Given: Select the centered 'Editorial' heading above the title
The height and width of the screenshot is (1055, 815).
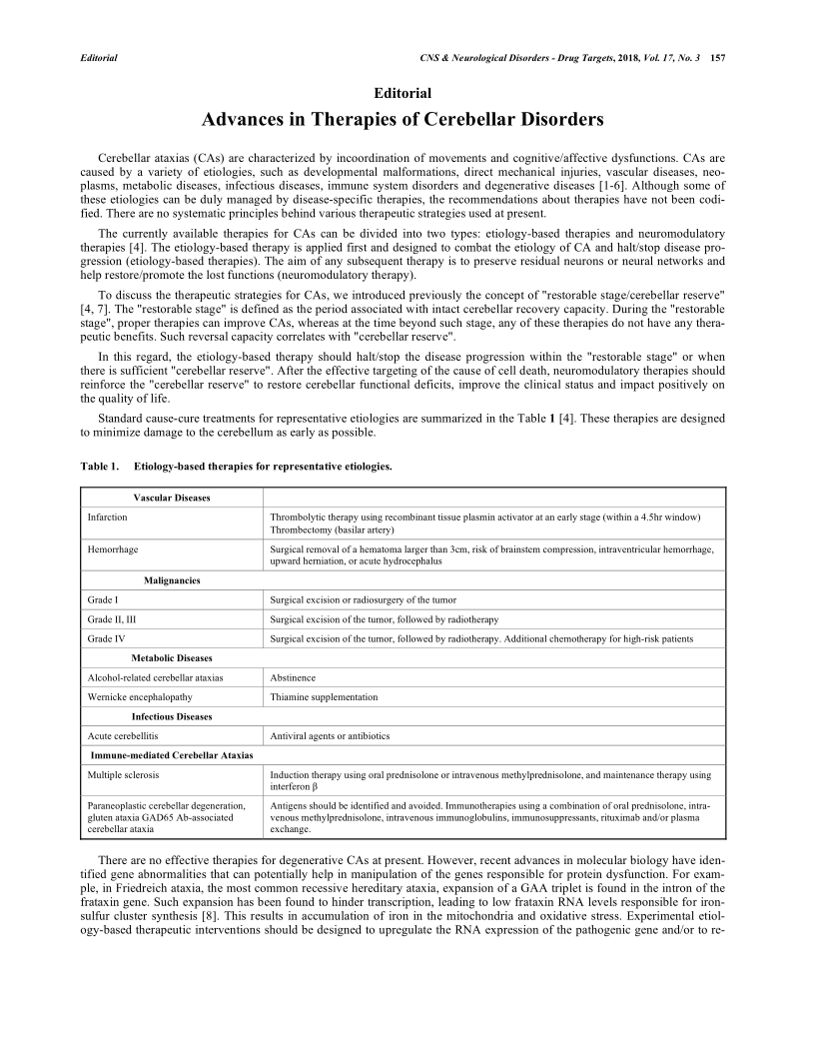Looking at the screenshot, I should (x=403, y=93).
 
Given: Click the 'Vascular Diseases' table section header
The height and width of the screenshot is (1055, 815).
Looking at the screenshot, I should (x=172, y=498).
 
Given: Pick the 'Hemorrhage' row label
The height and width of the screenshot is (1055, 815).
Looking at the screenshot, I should (x=113, y=549).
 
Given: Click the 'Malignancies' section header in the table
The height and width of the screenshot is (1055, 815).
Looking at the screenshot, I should (x=172, y=580).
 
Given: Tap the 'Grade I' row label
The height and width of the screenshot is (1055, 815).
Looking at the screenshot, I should (x=104, y=599).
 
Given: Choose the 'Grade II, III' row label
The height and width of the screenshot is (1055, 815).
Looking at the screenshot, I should (x=112, y=619).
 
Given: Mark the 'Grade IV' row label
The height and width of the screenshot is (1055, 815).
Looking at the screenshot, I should (x=106, y=638).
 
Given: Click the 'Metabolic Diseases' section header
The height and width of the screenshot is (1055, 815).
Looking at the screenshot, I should (x=172, y=658).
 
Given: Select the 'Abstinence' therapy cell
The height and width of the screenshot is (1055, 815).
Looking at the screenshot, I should (x=293, y=677).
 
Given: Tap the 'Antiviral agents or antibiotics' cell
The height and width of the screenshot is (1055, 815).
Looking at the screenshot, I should (x=331, y=736).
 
